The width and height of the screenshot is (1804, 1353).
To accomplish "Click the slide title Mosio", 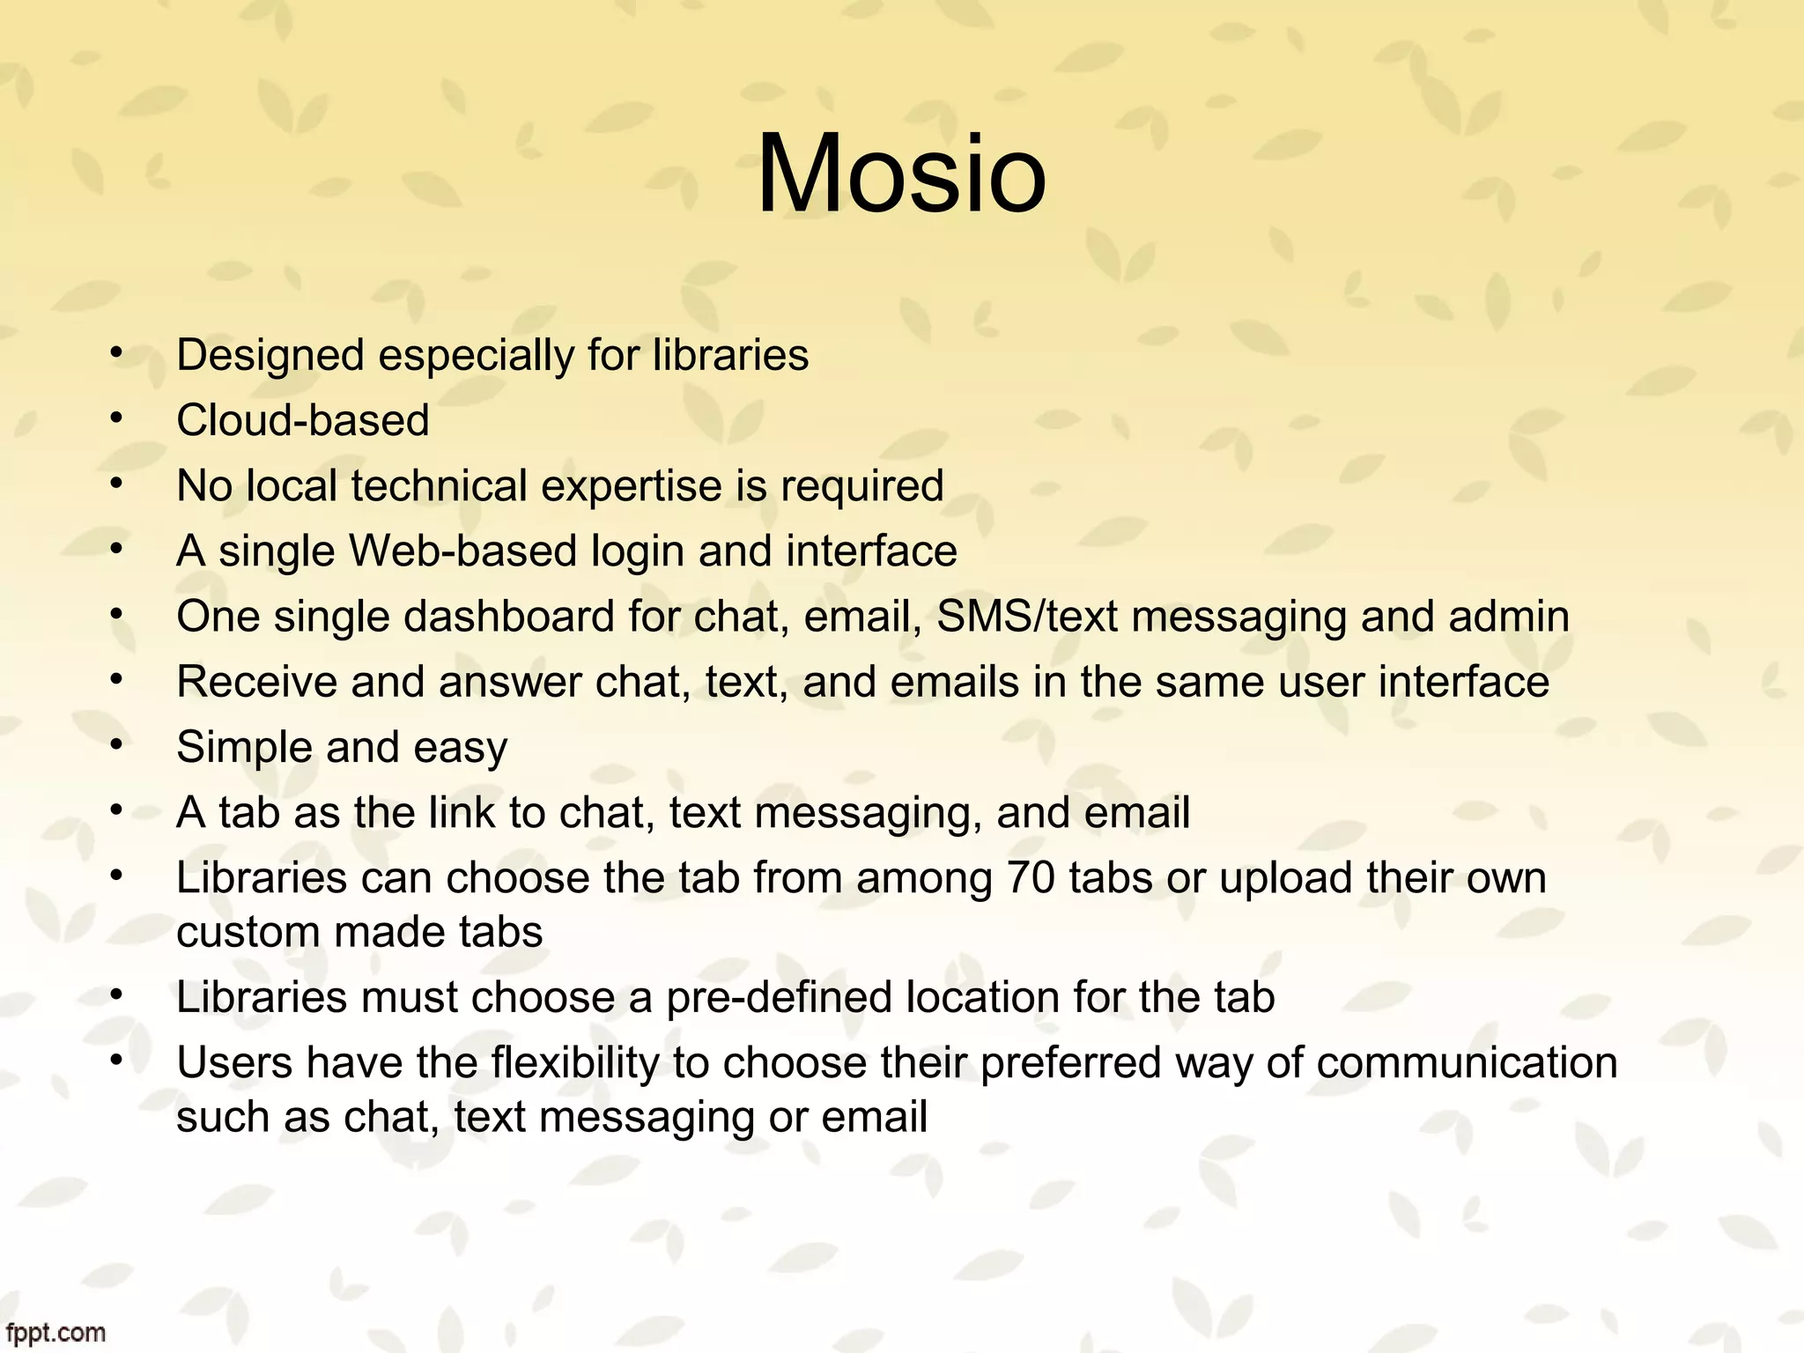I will (x=901, y=174).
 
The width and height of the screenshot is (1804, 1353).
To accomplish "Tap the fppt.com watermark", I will (x=55, y=1333).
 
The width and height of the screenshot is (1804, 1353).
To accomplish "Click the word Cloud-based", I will (x=302, y=420).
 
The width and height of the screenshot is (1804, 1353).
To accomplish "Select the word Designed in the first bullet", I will (x=270, y=356).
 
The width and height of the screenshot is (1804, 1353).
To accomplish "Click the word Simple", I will (x=244, y=748).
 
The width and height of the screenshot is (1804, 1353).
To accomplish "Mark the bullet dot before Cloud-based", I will (x=115, y=418).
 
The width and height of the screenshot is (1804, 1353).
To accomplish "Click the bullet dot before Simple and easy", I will (x=115, y=745).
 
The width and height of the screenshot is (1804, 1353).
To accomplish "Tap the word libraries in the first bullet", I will (x=730, y=356).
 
